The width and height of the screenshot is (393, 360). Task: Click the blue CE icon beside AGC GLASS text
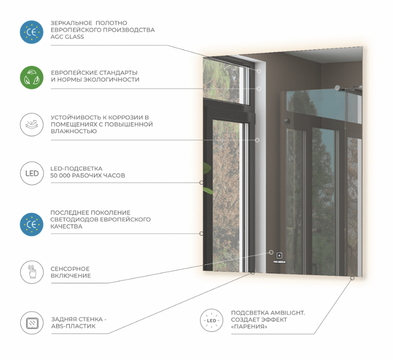pos(32,32)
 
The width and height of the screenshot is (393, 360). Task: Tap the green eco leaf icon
pos(32,77)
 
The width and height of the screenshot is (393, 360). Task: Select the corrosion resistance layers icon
pos(32,124)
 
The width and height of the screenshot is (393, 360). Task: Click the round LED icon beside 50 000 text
pos(32,173)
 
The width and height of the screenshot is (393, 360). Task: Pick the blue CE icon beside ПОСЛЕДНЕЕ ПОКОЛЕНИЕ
pos(32,224)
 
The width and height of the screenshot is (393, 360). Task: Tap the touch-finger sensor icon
pos(32,272)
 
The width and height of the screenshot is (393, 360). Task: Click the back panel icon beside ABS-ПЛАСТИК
pos(32,323)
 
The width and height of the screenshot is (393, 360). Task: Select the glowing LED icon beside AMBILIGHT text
pos(212,320)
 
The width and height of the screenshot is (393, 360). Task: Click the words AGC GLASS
pos(67,37)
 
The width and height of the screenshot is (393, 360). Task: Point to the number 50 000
pos(60,176)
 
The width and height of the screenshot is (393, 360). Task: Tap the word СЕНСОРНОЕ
pos(70,269)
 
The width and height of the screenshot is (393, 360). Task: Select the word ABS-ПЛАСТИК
pos(73,326)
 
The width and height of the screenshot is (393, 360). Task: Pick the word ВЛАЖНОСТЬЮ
pos(74,131)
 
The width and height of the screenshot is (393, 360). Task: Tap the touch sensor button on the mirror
pos(279,256)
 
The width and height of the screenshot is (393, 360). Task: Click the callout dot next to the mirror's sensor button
pos(271,252)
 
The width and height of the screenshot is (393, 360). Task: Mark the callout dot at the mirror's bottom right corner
pos(352,278)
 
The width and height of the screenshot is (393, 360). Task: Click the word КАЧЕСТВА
pos(66,226)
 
